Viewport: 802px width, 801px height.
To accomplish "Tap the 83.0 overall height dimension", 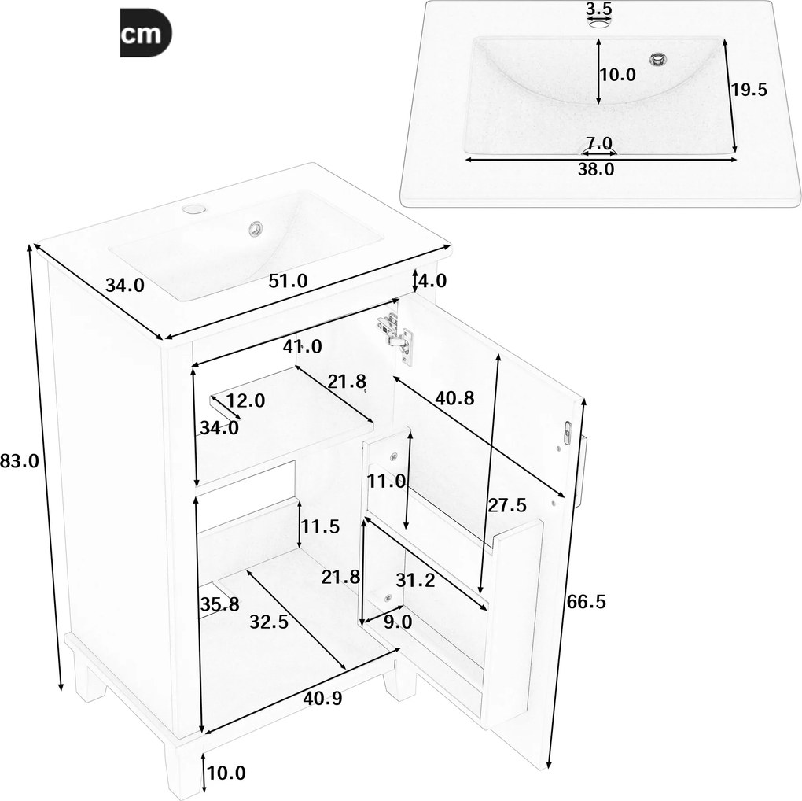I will pyautogui.click(x=20, y=461).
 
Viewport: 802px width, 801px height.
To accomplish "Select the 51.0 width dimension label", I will pyautogui.click(x=288, y=279).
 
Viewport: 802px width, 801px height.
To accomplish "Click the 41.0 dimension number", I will pyautogui.click(x=303, y=346).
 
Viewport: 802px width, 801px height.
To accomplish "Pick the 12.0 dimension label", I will pyautogui.click(x=246, y=400).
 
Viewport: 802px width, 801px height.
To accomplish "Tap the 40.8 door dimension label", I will pyautogui.click(x=455, y=398).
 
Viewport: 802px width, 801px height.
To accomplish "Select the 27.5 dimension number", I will pyautogui.click(x=508, y=504).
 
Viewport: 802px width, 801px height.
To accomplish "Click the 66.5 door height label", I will pyautogui.click(x=587, y=602).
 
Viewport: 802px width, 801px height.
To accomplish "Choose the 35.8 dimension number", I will pyautogui.click(x=218, y=605).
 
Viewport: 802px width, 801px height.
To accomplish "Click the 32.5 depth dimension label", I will pyautogui.click(x=270, y=621).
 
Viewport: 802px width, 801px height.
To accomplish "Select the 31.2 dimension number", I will pyautogui.click(x=415, y=580).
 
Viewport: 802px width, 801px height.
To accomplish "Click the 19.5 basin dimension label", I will pyautogui.click(x=749, y=90).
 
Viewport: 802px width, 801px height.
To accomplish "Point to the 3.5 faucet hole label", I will pyautogui.click(x=599, y=9).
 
